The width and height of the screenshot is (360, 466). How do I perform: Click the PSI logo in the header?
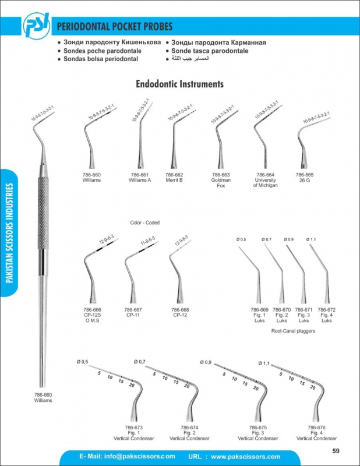[x=37, y=26]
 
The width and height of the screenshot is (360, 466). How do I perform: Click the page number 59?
[x=336, y=451]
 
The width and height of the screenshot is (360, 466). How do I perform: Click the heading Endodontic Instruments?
[x=179, y=84]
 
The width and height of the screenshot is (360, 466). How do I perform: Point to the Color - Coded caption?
[x=145, y=223]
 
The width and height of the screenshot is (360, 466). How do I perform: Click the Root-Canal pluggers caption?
[x=293, y=330]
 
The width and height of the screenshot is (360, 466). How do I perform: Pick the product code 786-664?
[x=265, y=175]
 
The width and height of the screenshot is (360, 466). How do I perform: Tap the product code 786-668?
[x=179, y=310]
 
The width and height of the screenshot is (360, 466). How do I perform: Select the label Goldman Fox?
[x=221, y=183]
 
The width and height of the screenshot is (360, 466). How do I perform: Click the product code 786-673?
[x=134, y=427]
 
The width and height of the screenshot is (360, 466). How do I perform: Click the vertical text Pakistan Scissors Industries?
[x=10, y=233]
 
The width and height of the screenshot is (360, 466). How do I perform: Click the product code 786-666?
[x=93, y=310]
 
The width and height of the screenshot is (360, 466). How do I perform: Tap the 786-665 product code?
[x=304, y=175]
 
